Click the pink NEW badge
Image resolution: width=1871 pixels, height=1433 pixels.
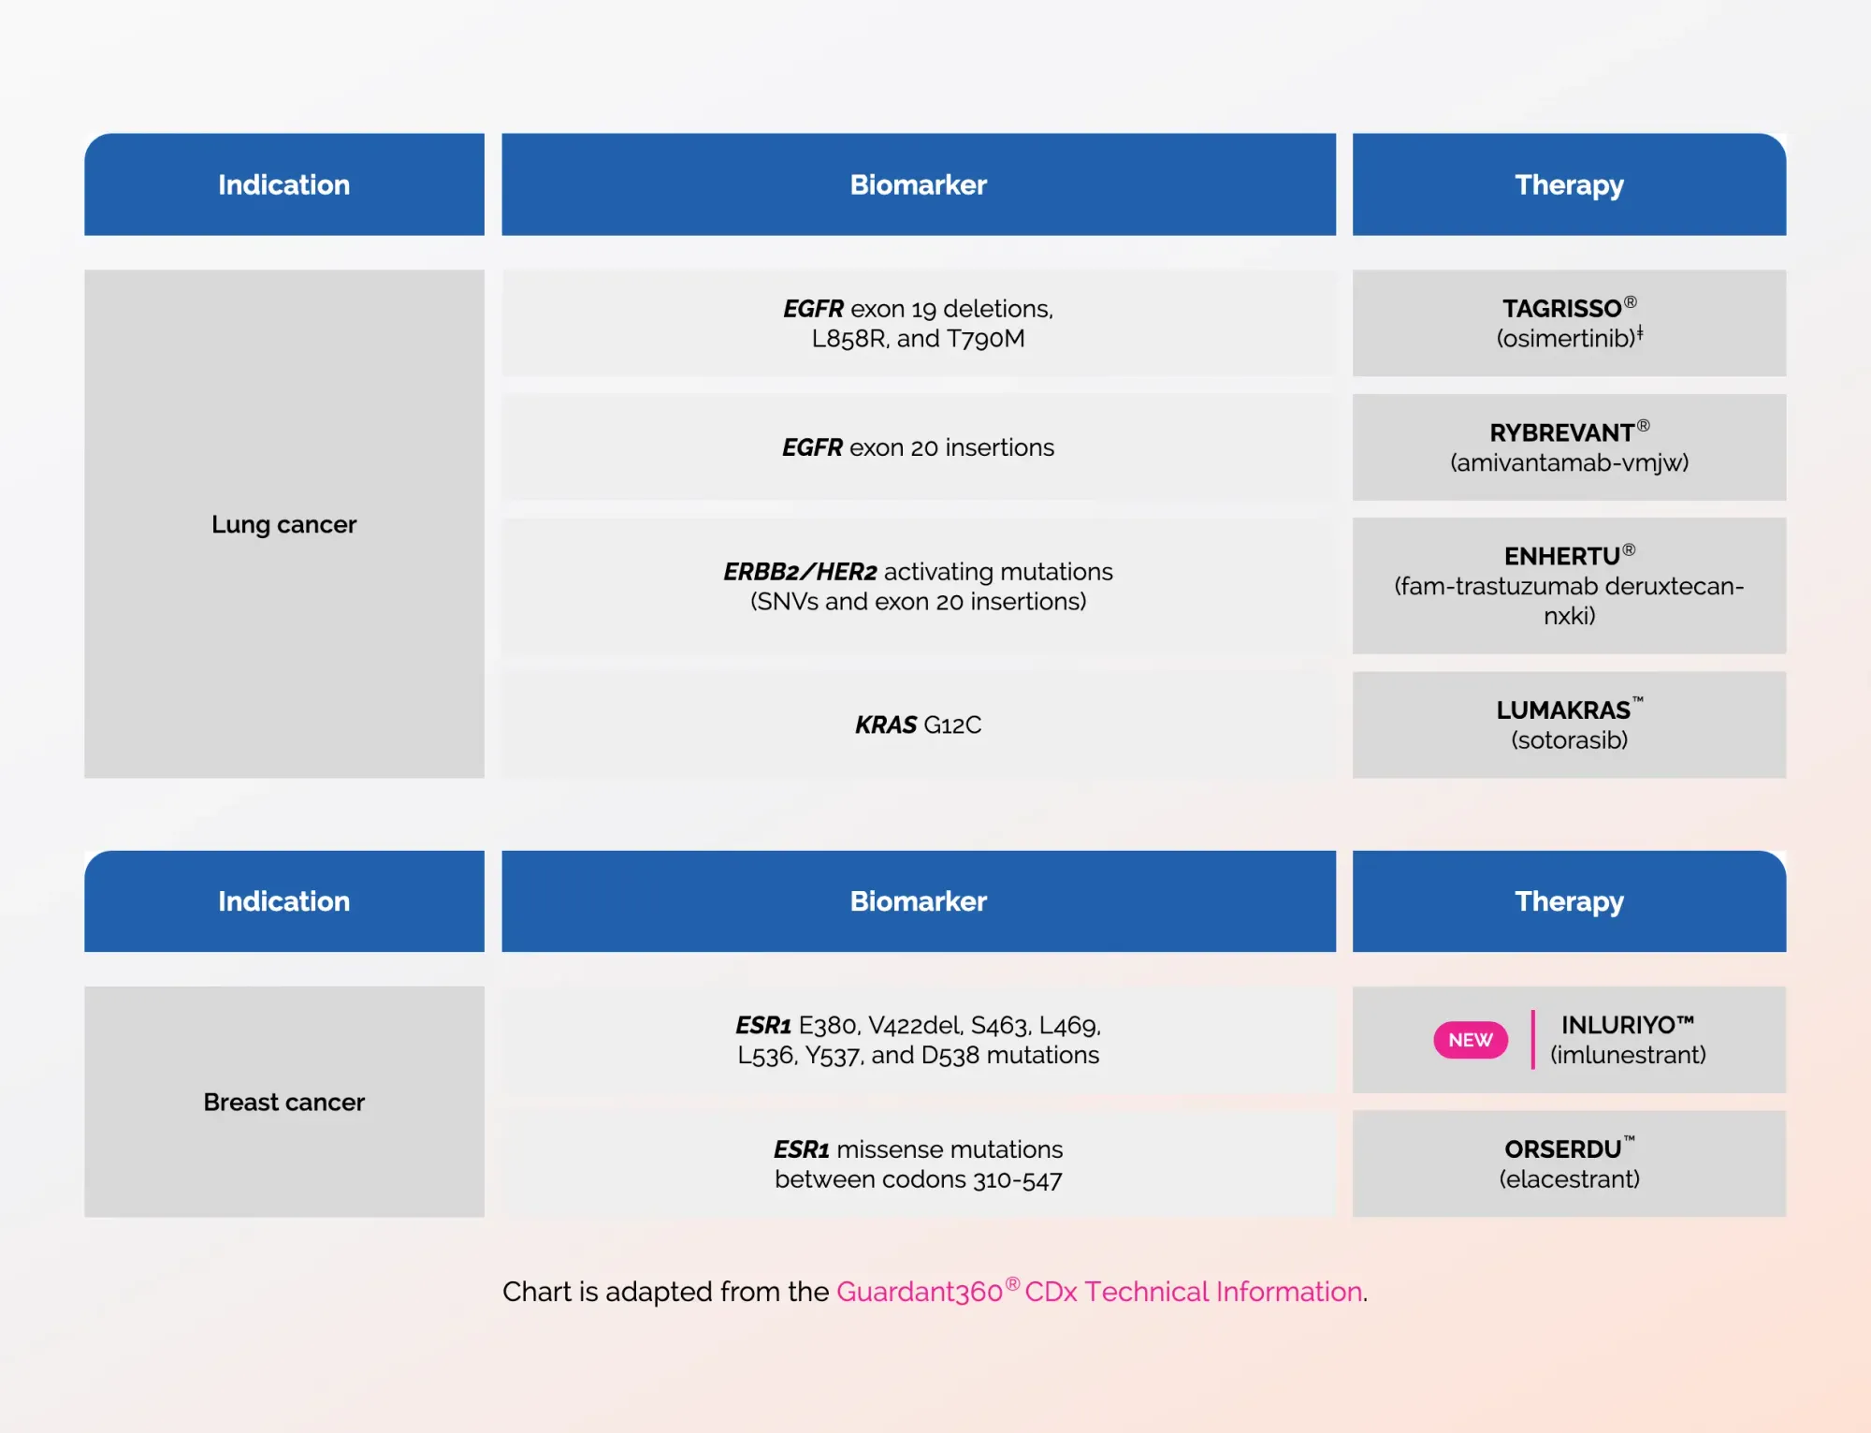tap(1470, 1040)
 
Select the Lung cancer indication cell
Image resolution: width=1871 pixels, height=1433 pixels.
tap(283, 524)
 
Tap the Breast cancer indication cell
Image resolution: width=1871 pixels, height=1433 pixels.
tap(283, 1102)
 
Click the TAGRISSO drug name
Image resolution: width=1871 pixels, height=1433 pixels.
tap(1561, 309)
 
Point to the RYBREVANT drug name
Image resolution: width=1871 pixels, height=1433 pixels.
tap(1561, 433)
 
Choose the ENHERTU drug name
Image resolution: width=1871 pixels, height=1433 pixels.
tap(1561, 557)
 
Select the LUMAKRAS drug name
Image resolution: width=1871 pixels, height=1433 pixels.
tap(1562, 710)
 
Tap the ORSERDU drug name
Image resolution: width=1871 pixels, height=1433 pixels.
tap(1562, 1149)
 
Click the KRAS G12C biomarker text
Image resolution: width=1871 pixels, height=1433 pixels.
tap(918, 725)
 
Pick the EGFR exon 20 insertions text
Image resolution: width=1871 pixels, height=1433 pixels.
tap(918, 447)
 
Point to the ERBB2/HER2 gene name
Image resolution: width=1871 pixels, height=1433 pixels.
tap(800, 572)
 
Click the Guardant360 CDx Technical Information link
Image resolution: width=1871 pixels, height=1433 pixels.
tap(1099, 1292)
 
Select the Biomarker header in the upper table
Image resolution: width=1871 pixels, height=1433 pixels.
tap(918, 184)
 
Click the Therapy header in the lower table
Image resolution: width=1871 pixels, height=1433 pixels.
tap(1569, 901)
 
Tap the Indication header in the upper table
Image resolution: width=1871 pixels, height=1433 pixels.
tap(283, 184)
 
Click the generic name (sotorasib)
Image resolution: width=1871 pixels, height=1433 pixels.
tap(1569, 740)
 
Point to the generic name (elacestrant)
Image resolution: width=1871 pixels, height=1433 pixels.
tap(1569, 1179)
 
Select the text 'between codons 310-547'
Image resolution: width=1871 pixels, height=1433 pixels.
tap(918, 1179)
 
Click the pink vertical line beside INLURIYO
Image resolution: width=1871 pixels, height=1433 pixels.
tap(1532, 1040)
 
